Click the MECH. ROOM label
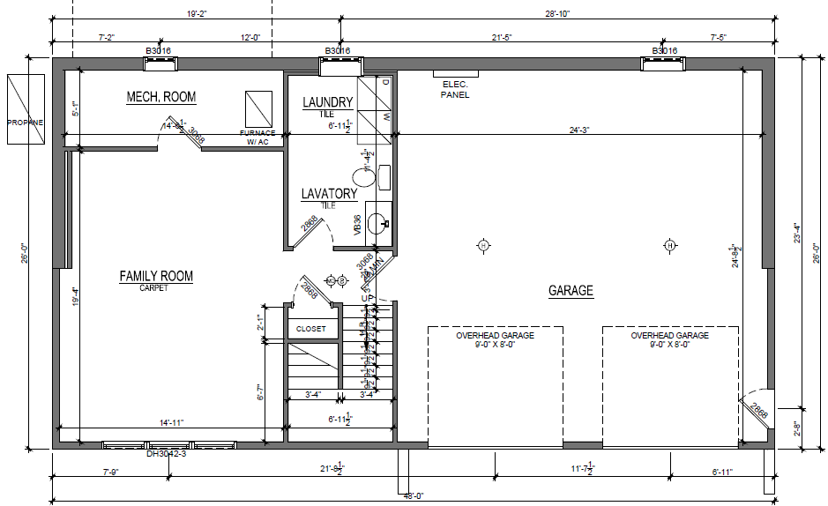click(160, 97)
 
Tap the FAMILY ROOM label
click(156, 277)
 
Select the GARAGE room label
click(571, 291)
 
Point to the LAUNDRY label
click(327, 103)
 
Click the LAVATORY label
click(329, 194)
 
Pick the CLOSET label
click(310, 329)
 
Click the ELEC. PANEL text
click(456, 89)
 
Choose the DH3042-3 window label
click(166, 455)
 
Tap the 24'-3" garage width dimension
click(578, 130)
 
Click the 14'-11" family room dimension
click(171, 423)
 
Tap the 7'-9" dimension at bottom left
click(110, 473)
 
